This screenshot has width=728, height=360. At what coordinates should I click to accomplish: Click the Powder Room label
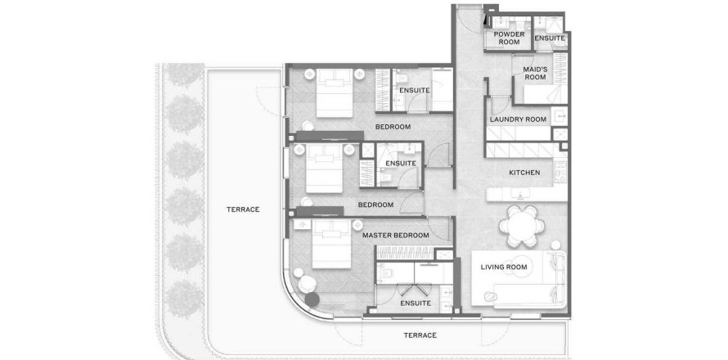point(509,38)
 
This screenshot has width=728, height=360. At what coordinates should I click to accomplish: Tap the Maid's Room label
point(535,74)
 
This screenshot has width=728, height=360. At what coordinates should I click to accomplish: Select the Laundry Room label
point(518,119)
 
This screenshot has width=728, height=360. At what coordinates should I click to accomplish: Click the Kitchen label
point(524,173)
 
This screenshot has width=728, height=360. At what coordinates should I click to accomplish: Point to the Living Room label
point(504,267)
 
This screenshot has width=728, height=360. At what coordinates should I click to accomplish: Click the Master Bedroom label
point(396,236)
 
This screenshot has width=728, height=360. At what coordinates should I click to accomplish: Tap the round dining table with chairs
point(522,226)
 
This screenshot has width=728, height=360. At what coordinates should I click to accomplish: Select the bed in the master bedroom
point(331,244)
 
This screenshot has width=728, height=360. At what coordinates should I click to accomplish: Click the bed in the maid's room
point(546,94)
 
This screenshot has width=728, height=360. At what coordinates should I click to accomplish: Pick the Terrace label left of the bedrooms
point(243,209)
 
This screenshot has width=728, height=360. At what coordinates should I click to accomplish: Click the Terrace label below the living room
point(420,335)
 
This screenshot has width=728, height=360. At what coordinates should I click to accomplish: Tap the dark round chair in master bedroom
point(312,299)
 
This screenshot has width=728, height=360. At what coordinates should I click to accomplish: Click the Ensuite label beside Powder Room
point(550,38)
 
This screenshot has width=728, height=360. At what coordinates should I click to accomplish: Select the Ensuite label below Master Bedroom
point(415,304)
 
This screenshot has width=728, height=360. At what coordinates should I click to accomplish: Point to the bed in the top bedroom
point(335,93)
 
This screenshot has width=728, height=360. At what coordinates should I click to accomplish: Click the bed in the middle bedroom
point(324,169)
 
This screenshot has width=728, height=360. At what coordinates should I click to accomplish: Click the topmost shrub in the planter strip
point(184,74)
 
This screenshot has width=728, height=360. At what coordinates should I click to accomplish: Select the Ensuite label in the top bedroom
point(414,90)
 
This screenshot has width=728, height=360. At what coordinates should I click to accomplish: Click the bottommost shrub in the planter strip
point(184,299)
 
